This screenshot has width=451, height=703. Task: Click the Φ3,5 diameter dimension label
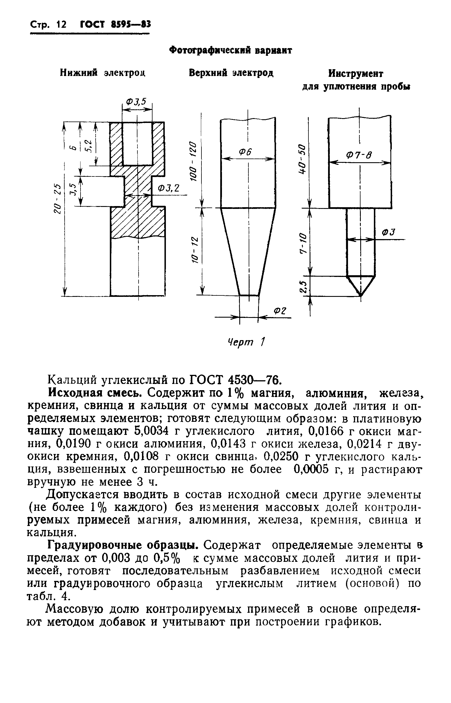[x=136, y=102]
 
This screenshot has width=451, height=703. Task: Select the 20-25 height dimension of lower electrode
[x=58, y=199]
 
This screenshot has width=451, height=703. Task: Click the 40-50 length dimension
[x=302, y=159]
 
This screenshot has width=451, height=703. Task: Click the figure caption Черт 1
[x=246, y=342]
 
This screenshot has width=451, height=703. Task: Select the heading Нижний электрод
[x=102, y=72]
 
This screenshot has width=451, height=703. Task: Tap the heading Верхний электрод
[x=231, y=73]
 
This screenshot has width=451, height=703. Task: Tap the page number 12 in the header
[x=61, y=24]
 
